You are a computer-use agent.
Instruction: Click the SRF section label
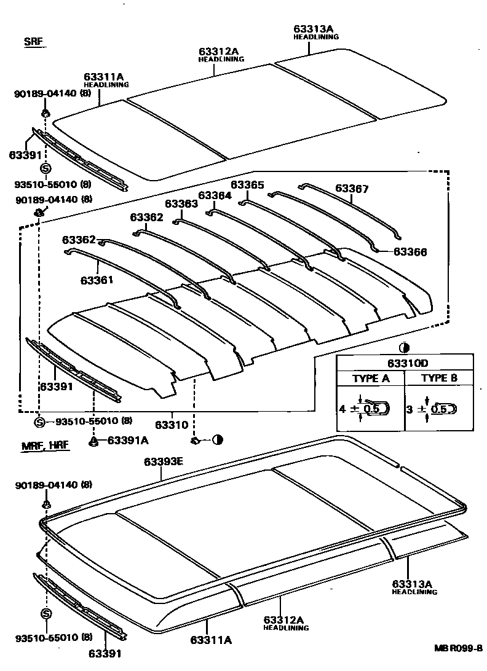tap(35, 42)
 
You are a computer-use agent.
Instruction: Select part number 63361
tap(96, 280)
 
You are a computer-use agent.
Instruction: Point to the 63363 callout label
tap(181, 203)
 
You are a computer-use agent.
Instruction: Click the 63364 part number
tap(215, 195)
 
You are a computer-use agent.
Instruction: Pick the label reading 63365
tap(247, 185)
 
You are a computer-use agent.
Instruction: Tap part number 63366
tap(410, 252)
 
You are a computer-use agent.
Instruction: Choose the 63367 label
tap(352, 189)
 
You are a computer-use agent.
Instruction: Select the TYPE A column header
tap(370, 379)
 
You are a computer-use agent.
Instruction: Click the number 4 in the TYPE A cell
tap(341, 407)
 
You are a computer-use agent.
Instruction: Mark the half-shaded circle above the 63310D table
tap(404, 347)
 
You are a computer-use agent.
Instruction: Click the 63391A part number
tap(127, 440)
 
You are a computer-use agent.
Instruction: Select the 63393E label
tap(163, 461)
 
